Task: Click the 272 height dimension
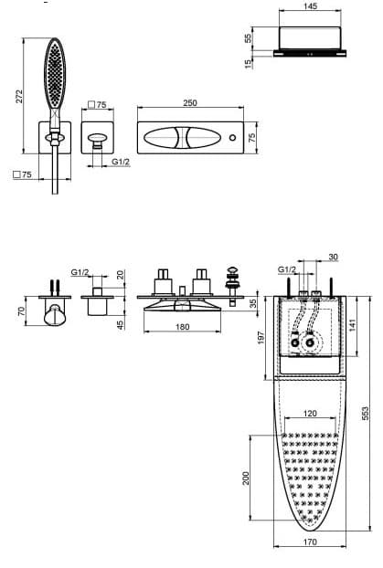point(19,96)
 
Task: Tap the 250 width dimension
point(190,103)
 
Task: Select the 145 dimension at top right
point(310,5)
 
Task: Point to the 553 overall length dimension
point(366,414)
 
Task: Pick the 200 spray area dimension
point(246,479)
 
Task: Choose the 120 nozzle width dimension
point(310,413)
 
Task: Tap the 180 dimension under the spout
point(182,327)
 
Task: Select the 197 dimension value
point(261,338)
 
